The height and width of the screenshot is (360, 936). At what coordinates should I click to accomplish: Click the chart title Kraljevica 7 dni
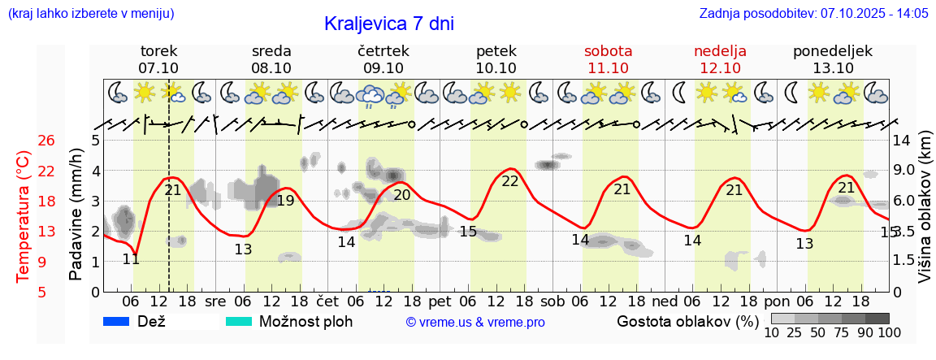pyautogui.click(x=388, y=24)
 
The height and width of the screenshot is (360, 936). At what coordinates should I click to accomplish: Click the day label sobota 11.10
pyautogui.click(x=608, y=59)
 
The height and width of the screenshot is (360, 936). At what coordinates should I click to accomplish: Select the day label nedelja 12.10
pyautogui.click(x=720, y=59)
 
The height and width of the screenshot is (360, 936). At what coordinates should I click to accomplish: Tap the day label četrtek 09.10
pyautogui.click(x=383, y=59)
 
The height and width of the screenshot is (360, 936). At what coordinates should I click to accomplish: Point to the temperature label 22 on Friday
pyautogui.click(x=509, y=181)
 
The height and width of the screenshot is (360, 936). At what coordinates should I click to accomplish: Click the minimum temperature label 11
pyautogui.click(x=131, y=259)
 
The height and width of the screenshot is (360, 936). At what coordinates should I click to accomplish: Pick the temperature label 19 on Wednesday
pyautogui.click(x=285, y=201)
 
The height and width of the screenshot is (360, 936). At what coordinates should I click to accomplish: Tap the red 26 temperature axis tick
pyautogui.click(x=46, y=141)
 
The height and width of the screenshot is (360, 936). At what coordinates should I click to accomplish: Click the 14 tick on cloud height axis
pyautogui.click(x=902, y=141)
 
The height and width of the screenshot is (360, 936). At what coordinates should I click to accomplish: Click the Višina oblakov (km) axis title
pyautogui.click(x=925, y=215)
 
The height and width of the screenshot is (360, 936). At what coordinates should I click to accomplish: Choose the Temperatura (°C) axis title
pyautogui.click(x=24, y=215)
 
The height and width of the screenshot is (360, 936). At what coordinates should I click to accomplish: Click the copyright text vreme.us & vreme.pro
pyautogui.click(x=475, y=322)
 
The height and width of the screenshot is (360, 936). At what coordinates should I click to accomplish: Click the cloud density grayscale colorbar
pyautogui.click(x=830, y=319)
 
